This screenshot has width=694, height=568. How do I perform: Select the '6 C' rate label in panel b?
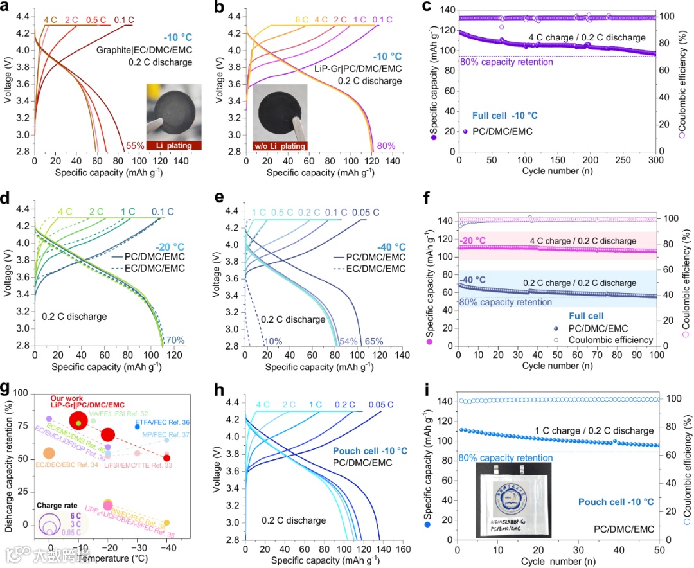pyautogui.click(x=301, y=20)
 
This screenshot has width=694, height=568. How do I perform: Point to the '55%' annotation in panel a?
pyautogui.click(x=134, y=145)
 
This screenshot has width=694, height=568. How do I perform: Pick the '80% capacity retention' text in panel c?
pyautogui.click(x=506, y=62)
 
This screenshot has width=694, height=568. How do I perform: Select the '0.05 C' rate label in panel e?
pyautogui.click(x=366, y=213)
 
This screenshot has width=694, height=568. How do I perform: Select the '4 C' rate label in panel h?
pyautogui.click(x=262, y=404)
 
